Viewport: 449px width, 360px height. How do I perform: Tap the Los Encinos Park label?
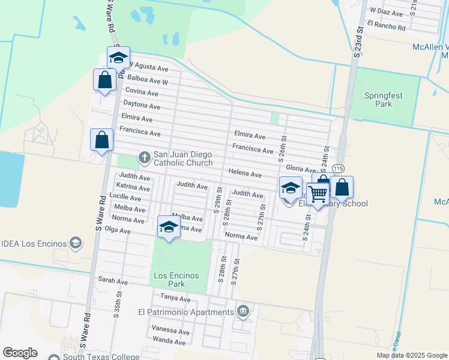(x=176, y=280)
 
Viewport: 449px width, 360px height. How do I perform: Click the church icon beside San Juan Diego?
(x=144, y=158)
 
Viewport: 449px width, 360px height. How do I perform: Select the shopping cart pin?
(x=317, y=193)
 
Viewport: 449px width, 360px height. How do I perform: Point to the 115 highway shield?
(x=339, y=168)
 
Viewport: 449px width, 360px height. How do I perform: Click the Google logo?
(x=20, y=353)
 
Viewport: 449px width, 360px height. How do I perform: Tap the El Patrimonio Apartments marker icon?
(x=243, y=311)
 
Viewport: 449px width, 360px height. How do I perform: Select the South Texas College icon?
(x=55, y=357)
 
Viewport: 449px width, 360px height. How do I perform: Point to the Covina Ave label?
(x=142, y=93)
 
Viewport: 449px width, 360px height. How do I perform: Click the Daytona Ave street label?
(x=142, y=106)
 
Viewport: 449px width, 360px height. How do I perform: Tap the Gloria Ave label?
(x=301, y=169)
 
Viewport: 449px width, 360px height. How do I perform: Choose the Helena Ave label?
(x=245, y=174)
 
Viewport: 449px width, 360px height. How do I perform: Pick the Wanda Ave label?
(x=169, y=342)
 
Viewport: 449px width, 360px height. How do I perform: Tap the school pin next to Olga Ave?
(x=169, y=227)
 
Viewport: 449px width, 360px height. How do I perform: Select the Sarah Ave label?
(x=113, y=281)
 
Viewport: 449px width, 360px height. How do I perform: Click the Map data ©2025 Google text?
(x=411, y=355)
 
